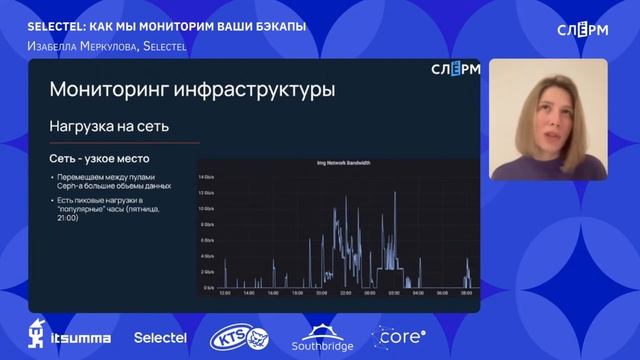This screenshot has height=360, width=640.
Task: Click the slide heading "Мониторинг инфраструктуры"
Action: point(192,90)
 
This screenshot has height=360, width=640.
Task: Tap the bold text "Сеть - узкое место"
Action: point(100,159)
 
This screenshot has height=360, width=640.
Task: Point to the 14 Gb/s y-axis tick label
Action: point(207,175)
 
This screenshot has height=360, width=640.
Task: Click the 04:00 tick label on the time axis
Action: point(416,293)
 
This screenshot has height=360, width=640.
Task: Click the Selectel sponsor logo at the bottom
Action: point(160,338)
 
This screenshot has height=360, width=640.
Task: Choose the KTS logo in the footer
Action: point(239,339)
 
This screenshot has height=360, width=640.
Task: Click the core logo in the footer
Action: point(399,337)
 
